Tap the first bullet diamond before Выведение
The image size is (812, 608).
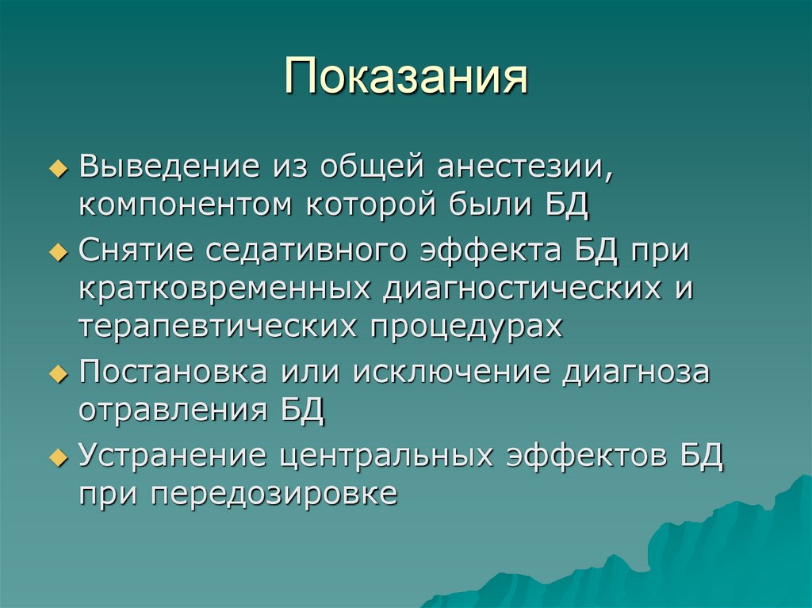65,170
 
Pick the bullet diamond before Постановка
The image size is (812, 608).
65,374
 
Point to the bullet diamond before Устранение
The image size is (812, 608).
65,458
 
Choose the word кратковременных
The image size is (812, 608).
224,289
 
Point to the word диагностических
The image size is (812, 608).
523,289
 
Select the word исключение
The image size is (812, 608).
453,372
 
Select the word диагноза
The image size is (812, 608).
635,372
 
